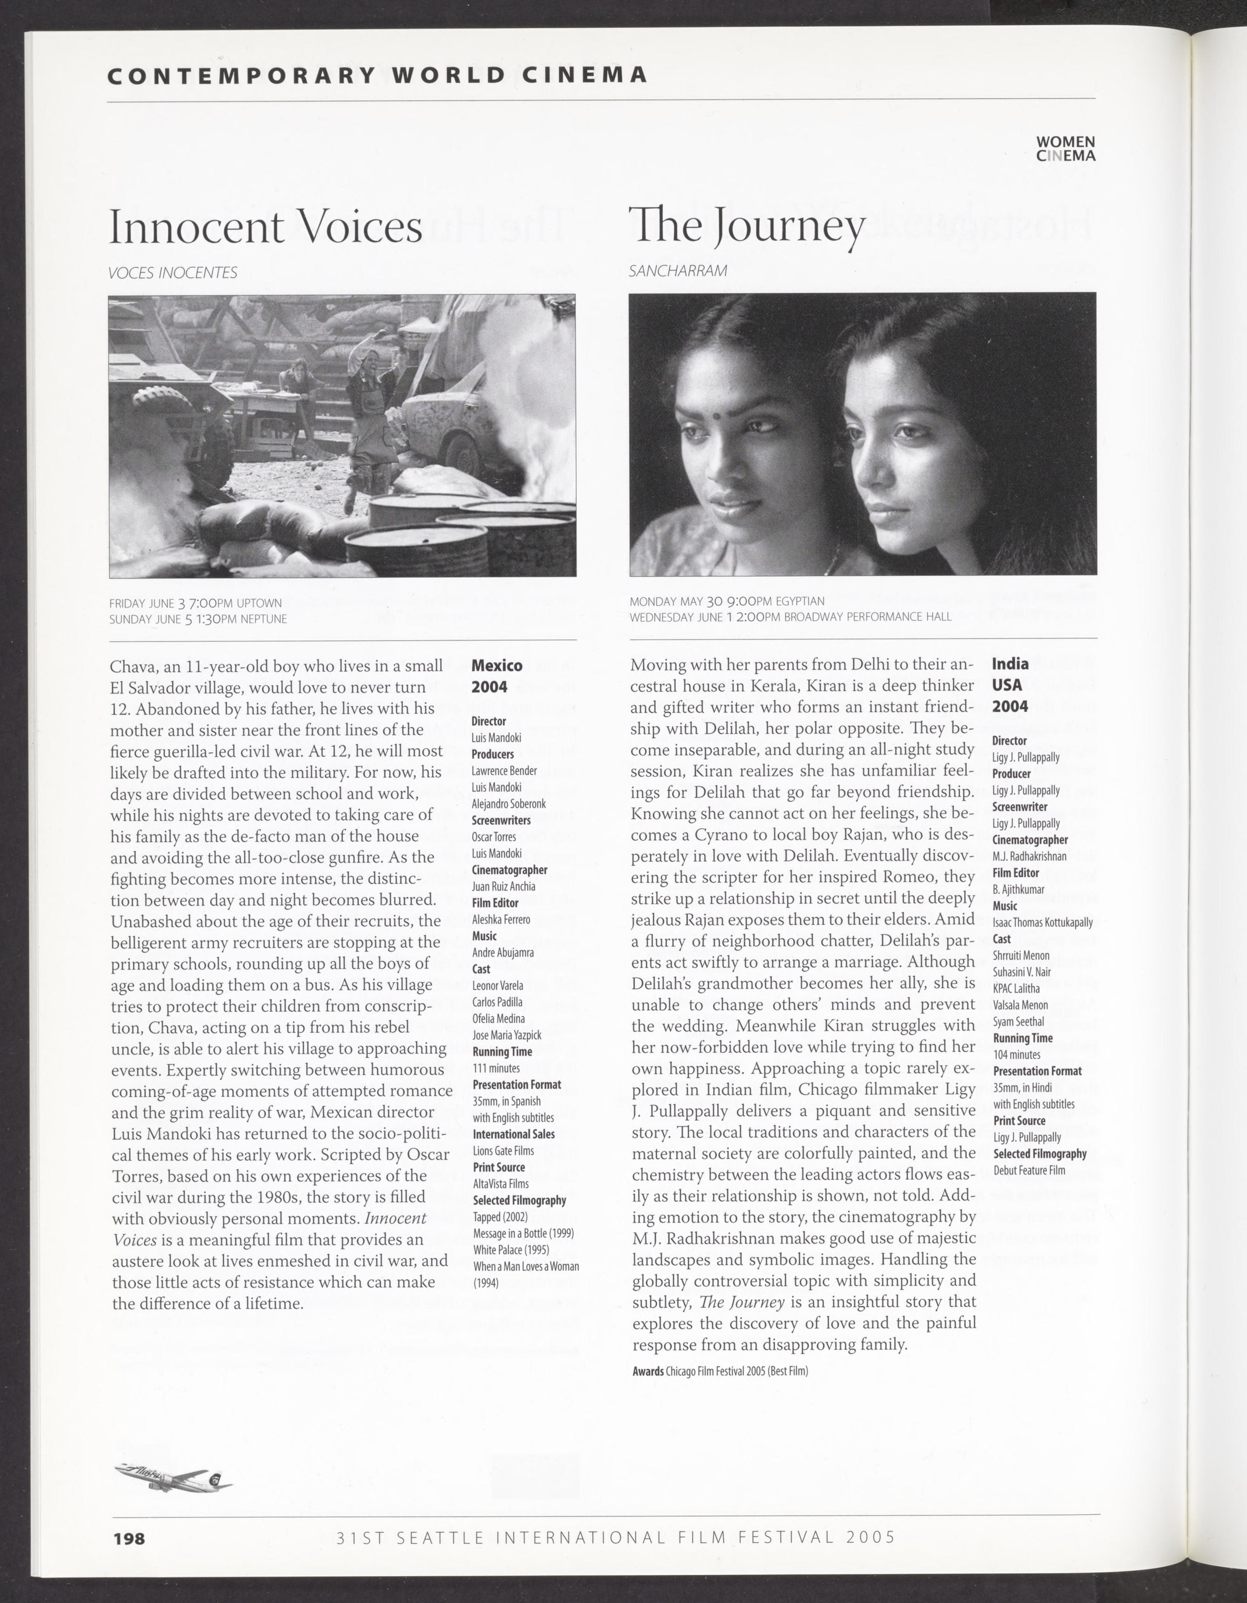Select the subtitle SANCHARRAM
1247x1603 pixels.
coord(678,271)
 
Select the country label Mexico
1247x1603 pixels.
coord(497,666)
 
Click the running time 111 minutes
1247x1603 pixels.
coord(496,1068)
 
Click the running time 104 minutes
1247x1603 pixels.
coord(1016,1055)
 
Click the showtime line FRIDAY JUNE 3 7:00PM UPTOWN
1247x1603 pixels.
coord(195,603)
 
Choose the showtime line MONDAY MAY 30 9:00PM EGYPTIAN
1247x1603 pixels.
coord(727,601)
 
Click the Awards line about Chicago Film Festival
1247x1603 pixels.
coord(720,1371)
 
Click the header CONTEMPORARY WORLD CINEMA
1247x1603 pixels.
coord(377,75)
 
